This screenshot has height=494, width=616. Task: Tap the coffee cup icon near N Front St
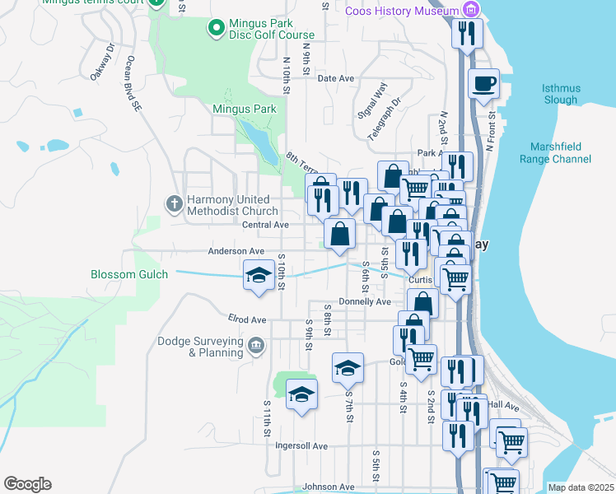coord(484,83)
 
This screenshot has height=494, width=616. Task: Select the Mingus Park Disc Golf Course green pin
coord(216,28)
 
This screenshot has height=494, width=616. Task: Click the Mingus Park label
coord(244,109)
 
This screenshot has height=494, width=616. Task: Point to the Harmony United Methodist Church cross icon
coord(174,202)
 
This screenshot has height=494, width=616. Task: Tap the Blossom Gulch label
coord(129,274)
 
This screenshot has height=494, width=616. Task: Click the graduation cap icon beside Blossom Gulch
coord(259,275)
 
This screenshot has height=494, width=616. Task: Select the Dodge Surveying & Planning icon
coord(256,345)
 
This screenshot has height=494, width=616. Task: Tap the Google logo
coord(27,484)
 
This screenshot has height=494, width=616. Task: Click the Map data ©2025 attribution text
coord(581,487)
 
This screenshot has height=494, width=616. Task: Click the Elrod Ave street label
coord(247,319)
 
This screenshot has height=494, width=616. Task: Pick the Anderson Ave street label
coord(236,251)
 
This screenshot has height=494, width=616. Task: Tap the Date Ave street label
coord(335,78)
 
